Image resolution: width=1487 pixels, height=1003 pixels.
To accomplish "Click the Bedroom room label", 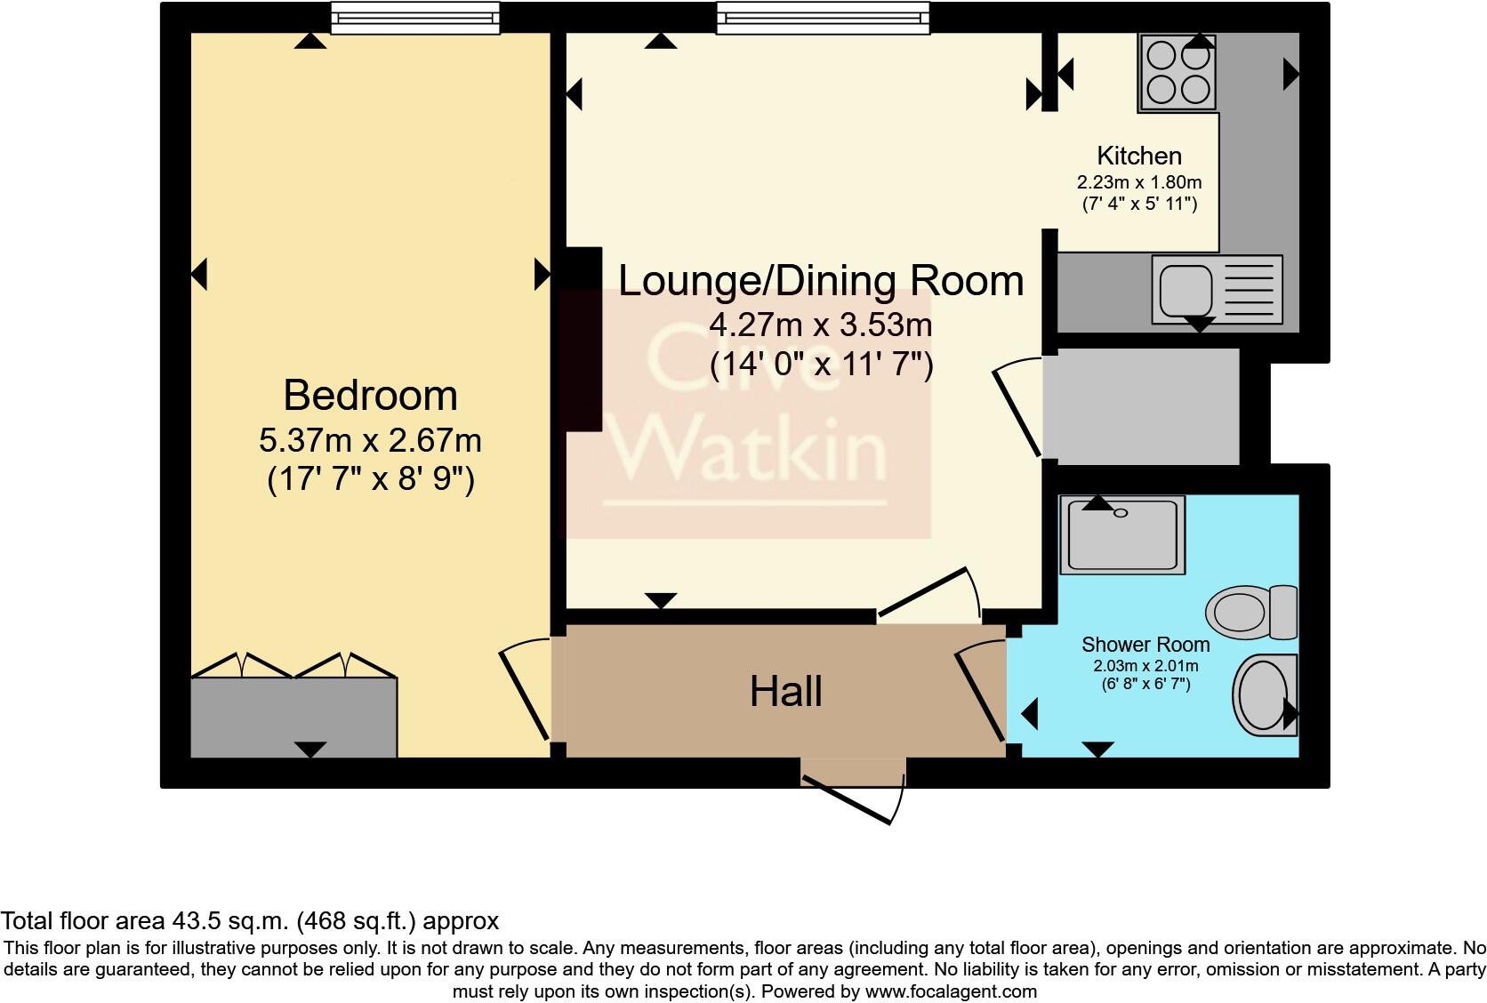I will click(370, 396).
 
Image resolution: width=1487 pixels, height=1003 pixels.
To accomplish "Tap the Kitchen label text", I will click(1139, 156).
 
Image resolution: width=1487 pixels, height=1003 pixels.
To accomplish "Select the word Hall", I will click(785, 692).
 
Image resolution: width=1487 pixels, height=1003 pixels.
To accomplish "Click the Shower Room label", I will click(1145, 645).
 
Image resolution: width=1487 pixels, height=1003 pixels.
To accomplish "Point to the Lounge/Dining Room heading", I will click(821, 281).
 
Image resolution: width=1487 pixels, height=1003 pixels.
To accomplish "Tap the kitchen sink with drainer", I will click(1217, 289).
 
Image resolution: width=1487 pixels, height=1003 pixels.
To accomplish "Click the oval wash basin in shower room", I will click(1264, 695).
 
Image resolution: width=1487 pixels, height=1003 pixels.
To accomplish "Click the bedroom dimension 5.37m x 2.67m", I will click(370, 440).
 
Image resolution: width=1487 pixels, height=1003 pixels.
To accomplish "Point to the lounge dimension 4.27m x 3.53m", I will click(821, 325).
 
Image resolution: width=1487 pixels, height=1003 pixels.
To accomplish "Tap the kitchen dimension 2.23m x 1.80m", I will click(1139, 182).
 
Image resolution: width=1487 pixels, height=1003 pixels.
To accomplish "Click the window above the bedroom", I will click(414, 17).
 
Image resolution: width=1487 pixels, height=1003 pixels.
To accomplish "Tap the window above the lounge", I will click(823, 17).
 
